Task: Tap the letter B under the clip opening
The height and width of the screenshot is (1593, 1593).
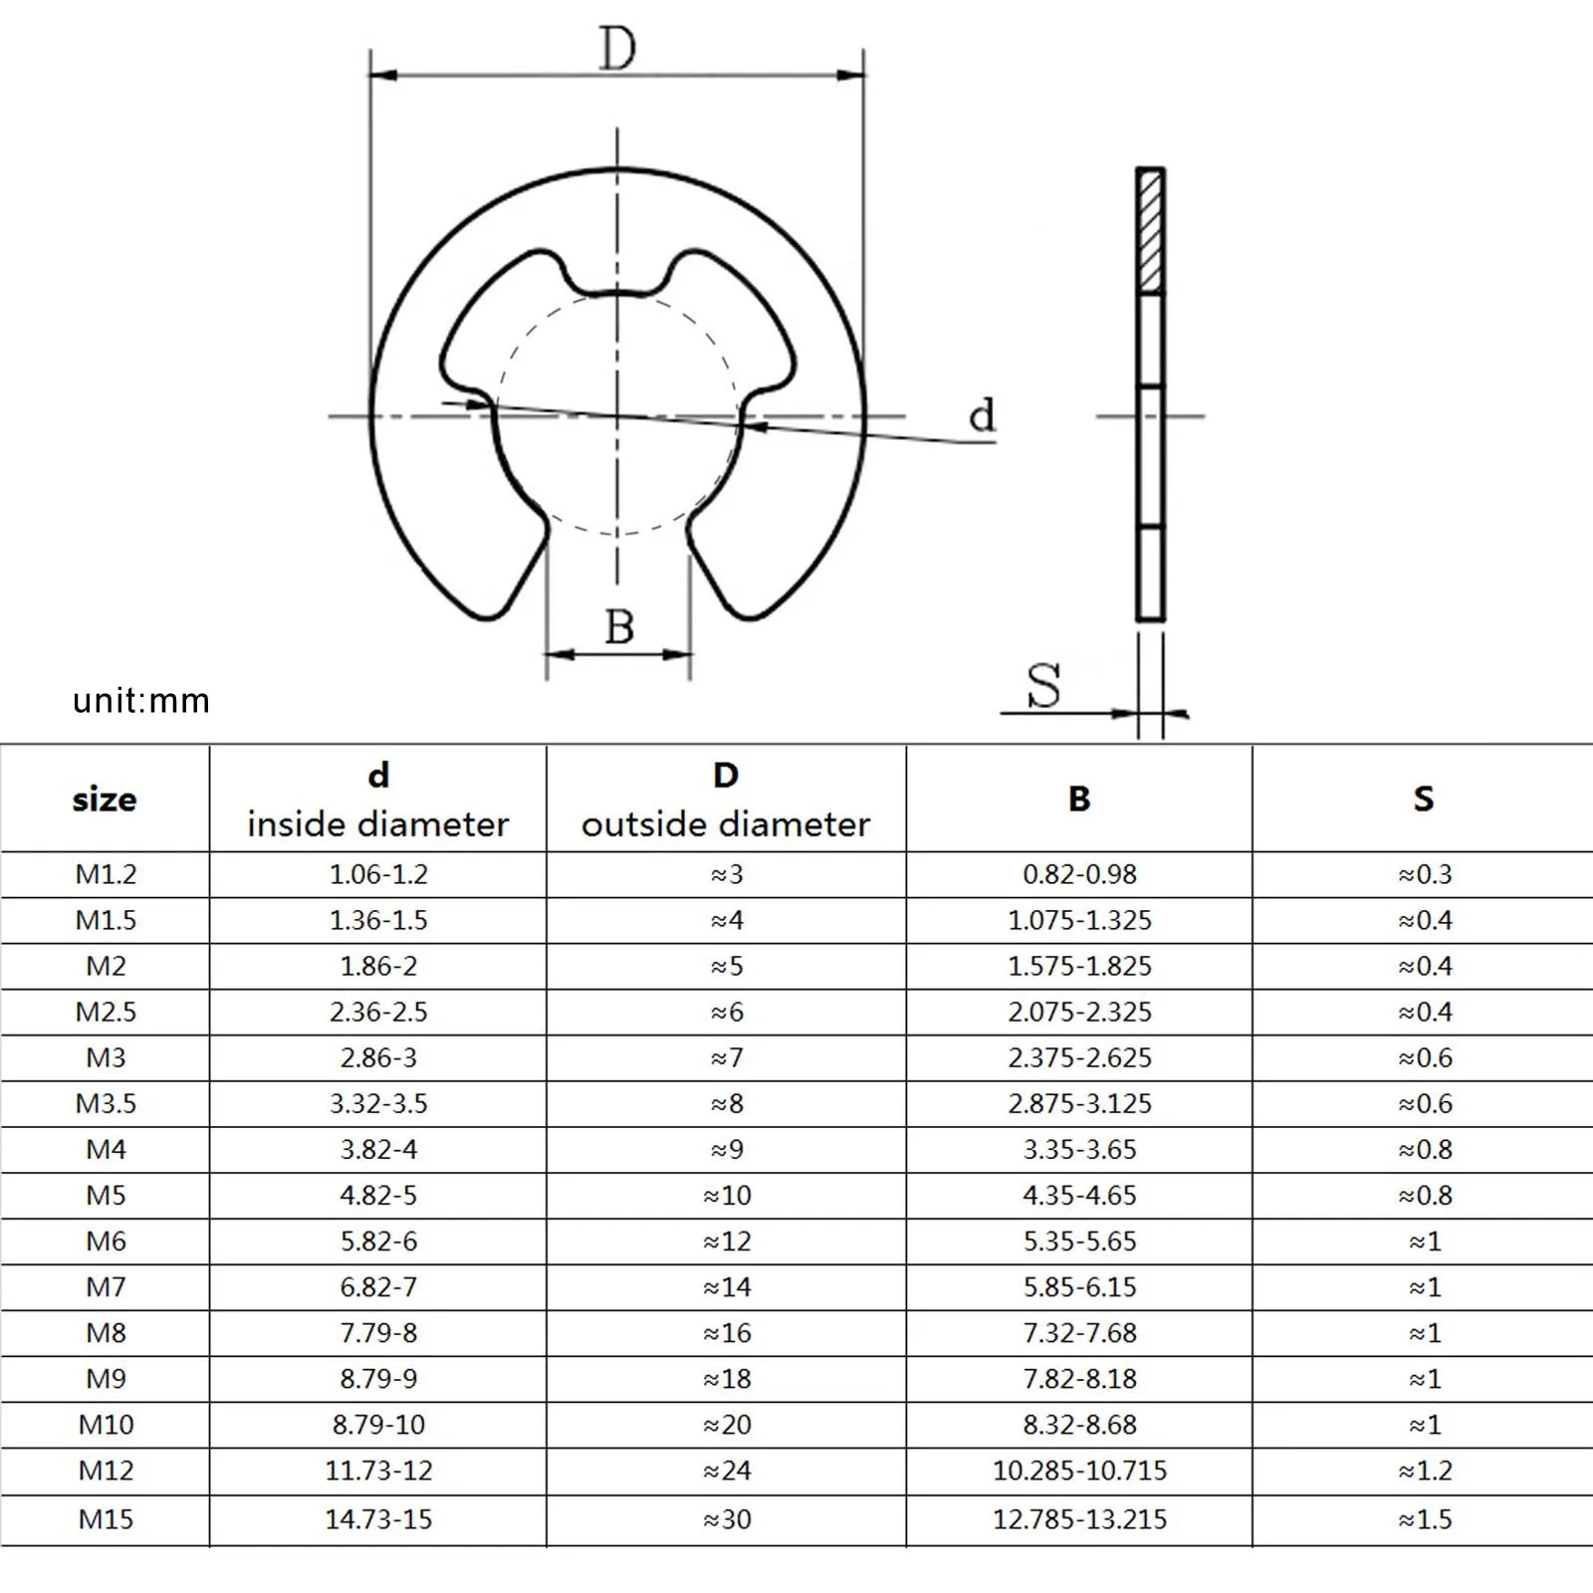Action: tap(619, 627)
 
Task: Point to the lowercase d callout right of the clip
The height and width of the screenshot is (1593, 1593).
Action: tap(982, 414)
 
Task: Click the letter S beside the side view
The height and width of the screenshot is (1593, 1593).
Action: tap(1043, 685)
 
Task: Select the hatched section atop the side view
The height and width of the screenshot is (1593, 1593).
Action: tap(1150, 231)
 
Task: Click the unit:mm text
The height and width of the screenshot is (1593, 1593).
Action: tap(141, 701)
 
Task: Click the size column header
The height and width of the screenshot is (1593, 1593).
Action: tap(105, 798)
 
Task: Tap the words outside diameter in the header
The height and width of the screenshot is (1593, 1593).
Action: tap(725, 824)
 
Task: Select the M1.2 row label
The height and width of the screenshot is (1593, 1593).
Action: tap(106, 874)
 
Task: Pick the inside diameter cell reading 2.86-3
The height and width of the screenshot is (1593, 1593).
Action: tap(378, 1057)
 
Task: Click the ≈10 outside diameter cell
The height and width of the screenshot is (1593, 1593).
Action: tap(727, 1195)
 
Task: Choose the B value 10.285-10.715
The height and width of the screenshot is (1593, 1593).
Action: tap(1079, 1471)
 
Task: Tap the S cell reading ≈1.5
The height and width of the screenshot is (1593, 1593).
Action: tap(1425, 1519)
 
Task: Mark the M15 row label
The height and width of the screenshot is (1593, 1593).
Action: tap(106, 1519)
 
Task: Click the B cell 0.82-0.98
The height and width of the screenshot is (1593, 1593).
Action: tap(1079, 874)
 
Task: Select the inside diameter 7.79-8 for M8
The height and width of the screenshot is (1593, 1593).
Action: tap(378, 1333)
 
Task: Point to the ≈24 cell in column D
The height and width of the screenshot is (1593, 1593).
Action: tap(727, 1471)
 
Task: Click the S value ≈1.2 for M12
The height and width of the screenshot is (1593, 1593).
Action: tap(1425, 1471)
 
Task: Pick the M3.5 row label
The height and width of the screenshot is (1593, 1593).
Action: tap(106, 1103)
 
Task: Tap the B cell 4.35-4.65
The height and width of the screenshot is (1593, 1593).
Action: tap(1079, 1195)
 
